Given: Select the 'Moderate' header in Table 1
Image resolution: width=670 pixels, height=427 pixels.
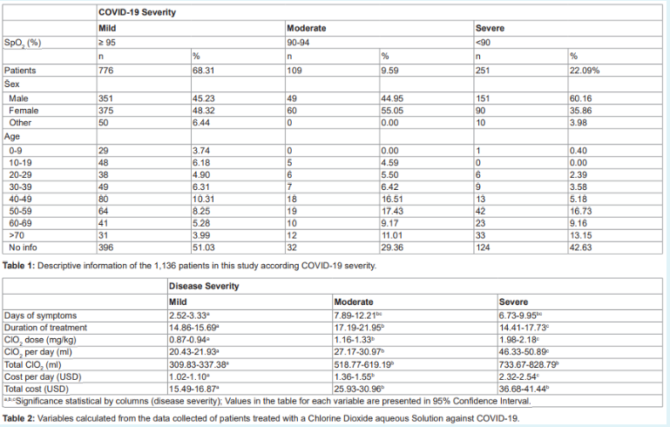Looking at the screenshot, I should tap(307, 28).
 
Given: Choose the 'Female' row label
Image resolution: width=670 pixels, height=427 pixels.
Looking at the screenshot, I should tap(26, 111).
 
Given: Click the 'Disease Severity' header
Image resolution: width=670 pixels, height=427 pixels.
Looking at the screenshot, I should tap(206, 286).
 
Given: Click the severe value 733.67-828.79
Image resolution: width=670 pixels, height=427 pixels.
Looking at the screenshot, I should tap(533, 363).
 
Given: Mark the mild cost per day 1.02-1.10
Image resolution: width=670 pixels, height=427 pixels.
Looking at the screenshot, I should tap(193, 376).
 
